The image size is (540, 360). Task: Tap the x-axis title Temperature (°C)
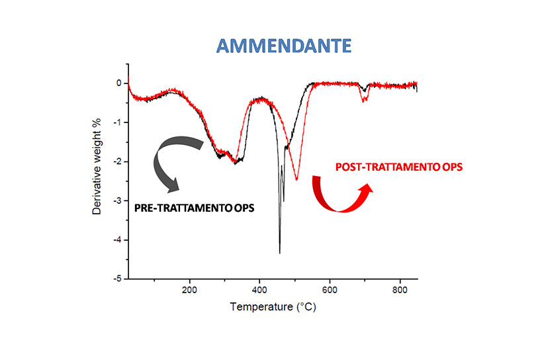[272, 307]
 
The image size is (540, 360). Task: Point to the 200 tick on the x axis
[189, 289]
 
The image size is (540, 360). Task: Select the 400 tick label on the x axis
[259, 289]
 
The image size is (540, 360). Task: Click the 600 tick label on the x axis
[330, 289]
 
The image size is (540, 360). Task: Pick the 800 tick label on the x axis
[400, 289]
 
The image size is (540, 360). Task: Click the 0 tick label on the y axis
[119, 83]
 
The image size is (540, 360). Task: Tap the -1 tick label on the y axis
[117, 122]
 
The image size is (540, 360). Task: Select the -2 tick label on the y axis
[117, 161]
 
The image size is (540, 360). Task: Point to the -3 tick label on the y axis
[117, 201]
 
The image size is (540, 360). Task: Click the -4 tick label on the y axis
[117, 240]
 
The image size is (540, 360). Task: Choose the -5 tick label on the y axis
[117, 279]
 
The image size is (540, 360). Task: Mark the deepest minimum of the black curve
[279, 252]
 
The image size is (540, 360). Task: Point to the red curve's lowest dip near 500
[296, 179]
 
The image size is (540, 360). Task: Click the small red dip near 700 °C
[363, 101]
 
